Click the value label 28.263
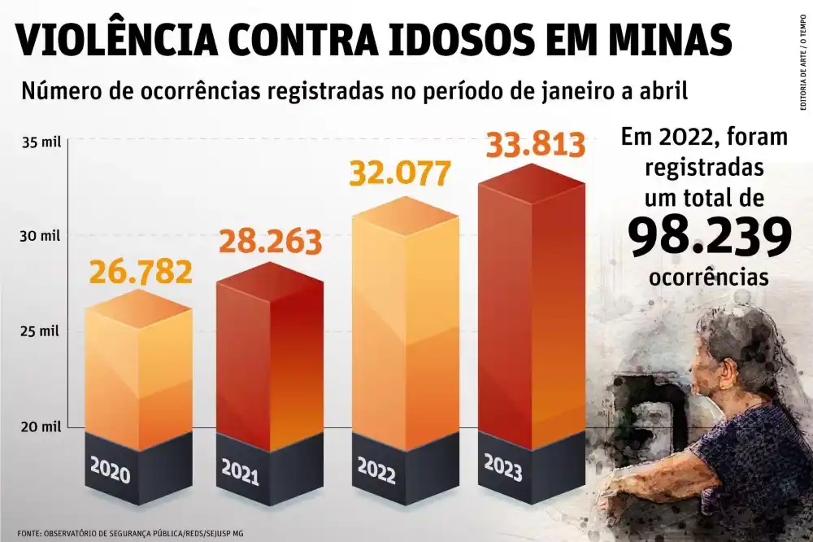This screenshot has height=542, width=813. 269,242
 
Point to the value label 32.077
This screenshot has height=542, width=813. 400,173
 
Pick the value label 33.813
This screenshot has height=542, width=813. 535,145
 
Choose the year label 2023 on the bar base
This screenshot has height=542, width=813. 503,469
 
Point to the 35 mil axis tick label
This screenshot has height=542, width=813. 41,142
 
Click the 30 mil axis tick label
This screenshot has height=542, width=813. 41,237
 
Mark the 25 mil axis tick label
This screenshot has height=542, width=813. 41,332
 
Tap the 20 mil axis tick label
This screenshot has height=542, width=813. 41,426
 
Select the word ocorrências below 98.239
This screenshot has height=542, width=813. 709,277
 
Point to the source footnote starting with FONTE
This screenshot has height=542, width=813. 130,534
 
